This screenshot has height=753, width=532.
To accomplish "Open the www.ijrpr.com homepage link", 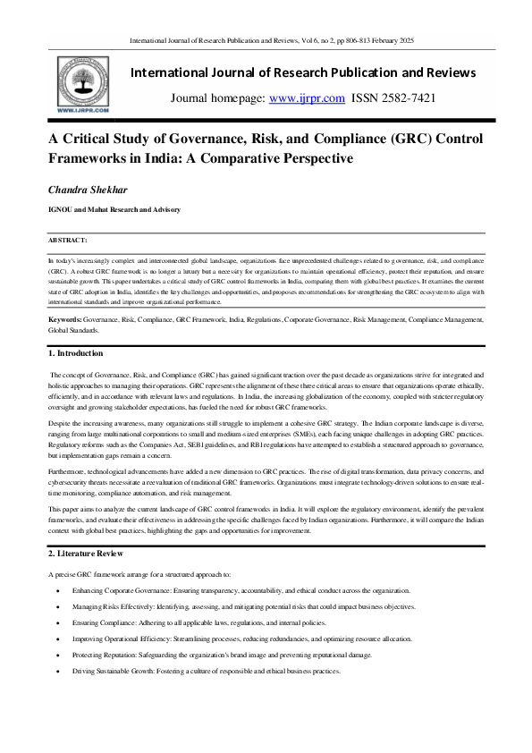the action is [x=307, y=98].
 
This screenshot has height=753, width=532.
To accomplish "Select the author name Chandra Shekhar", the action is [x=89, y=190].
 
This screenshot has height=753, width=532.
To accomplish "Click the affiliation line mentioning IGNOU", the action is [x=115, y=209].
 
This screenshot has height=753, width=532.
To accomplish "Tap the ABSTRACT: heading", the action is [x=68, y=241].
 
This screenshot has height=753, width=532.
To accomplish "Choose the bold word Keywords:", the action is [x=66, y=319].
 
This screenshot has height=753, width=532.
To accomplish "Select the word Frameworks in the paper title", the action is [x=89, y=158].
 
